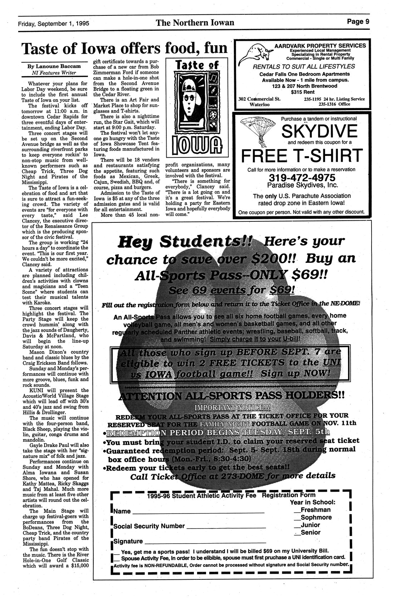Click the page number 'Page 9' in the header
coord(358,21)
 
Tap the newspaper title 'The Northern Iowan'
coord(195,23)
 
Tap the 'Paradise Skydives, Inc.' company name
coord(302,186)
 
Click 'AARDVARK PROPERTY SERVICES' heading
coord(320,46)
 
